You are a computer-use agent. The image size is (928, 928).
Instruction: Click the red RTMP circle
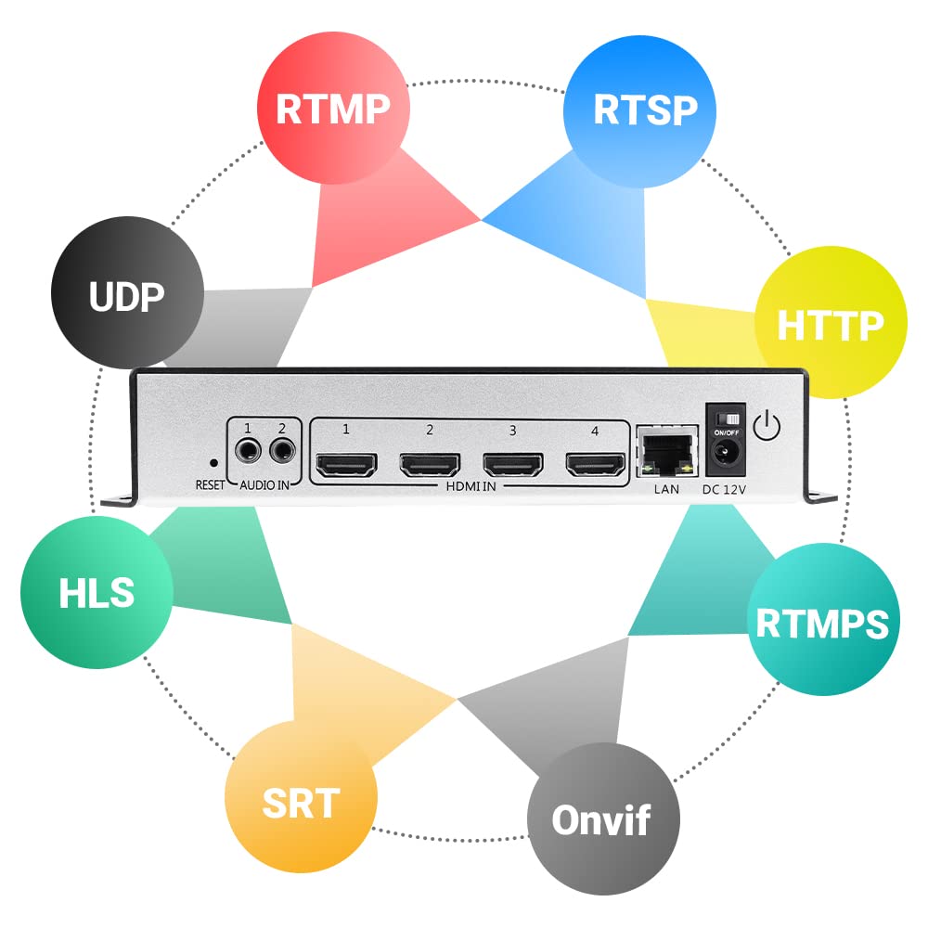(333, 108)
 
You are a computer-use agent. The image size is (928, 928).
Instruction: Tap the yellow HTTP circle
(829, 324)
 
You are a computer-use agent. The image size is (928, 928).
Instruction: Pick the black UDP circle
(126, 297)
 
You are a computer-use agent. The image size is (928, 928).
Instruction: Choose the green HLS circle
(97, 592)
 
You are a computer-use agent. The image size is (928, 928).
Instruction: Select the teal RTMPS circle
(822, 623)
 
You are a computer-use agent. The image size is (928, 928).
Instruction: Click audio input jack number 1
(248, 453)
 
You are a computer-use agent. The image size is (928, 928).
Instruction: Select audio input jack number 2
(283, 453)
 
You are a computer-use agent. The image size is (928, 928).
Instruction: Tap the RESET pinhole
(213, 461)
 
